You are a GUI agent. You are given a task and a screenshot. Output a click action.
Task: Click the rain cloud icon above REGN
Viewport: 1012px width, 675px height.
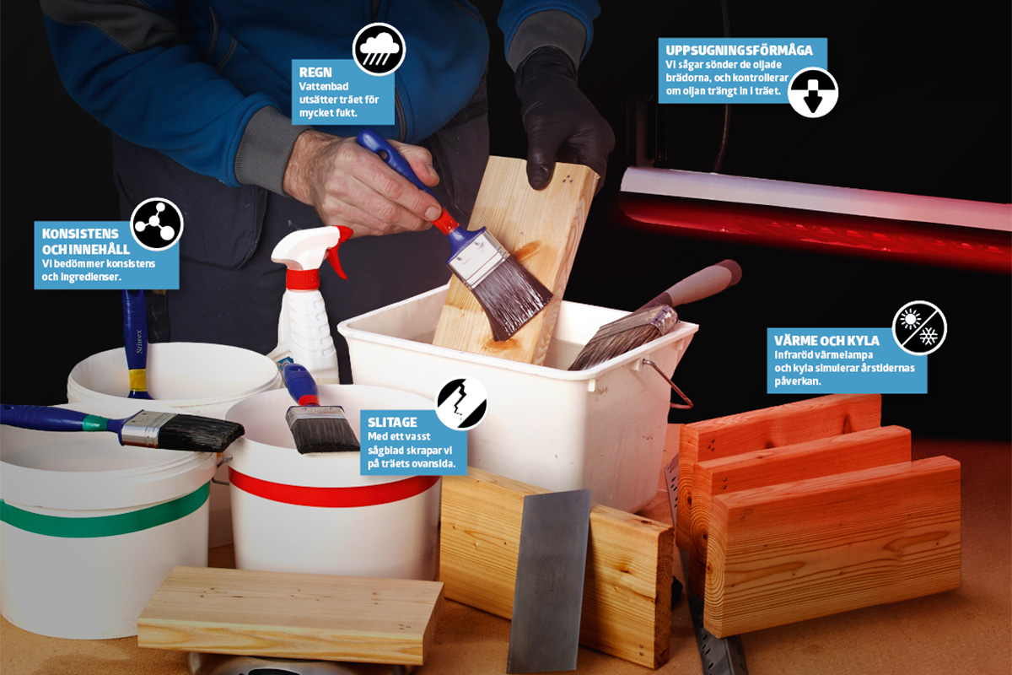[x=379, y=49]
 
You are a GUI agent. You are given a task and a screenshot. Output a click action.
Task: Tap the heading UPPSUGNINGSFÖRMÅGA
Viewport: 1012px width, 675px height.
[x=739, y=50]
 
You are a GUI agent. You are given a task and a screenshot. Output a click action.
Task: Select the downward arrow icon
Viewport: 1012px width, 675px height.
[x=813, y=93]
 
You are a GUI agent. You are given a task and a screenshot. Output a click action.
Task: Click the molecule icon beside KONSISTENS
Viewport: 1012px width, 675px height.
[x=156, y=224]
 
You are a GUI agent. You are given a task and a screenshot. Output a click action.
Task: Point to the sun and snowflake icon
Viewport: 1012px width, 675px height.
[x=919, y=327]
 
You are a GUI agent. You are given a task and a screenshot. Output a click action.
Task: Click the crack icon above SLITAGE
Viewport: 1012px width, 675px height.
[x=462, y=402]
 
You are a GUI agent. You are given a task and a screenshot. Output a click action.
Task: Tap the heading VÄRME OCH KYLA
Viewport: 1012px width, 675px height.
[x=826, y=340]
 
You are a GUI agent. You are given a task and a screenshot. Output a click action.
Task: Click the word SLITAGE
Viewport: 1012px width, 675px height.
[x=392, y=422]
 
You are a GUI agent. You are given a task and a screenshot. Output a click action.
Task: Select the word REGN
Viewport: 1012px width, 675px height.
[x=315, y=73]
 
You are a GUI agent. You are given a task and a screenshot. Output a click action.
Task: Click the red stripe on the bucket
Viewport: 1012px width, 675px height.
[x=332, y=490]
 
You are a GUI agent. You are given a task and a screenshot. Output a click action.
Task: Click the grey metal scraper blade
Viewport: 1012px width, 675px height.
[x=549, y=581]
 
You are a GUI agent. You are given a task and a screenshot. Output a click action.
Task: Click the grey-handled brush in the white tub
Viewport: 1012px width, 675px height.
[x=655, y=316]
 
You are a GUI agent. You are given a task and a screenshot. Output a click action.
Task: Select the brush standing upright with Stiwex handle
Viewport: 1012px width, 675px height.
[x=135, y=343]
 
